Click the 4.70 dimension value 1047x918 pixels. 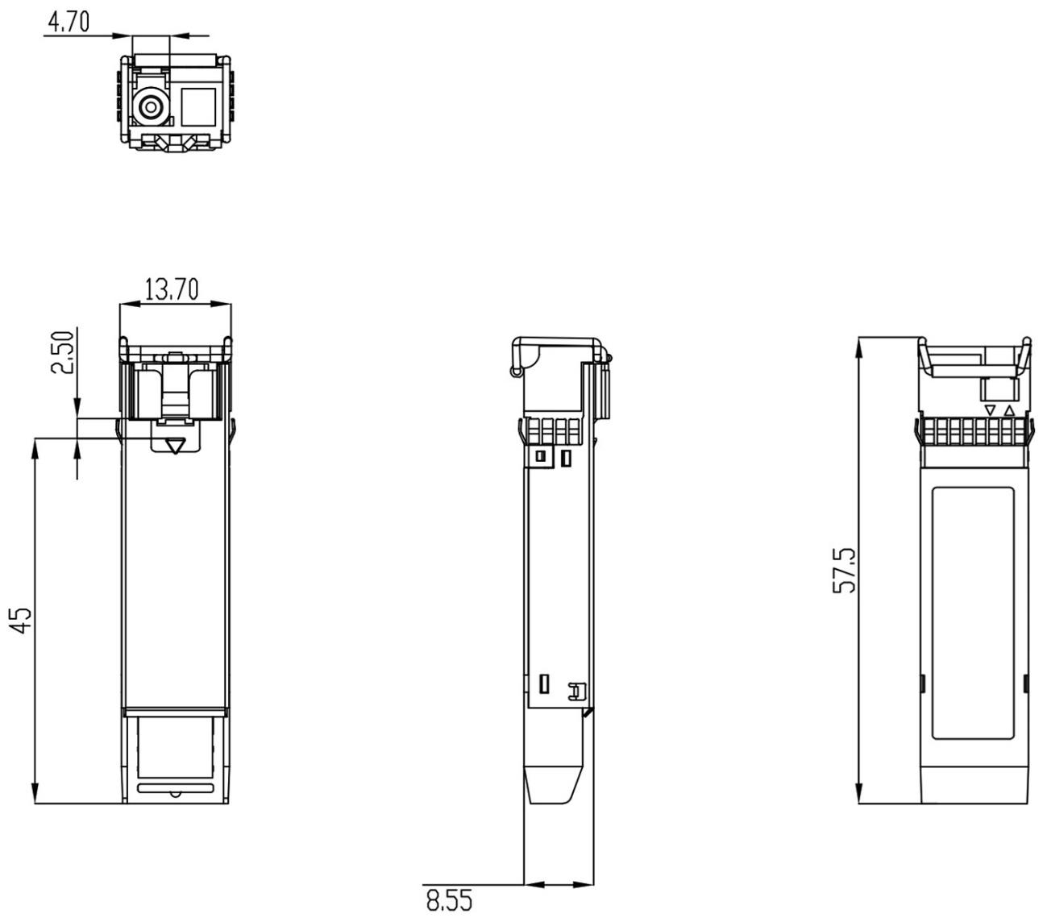(69, 22)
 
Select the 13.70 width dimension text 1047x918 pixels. (172, 289)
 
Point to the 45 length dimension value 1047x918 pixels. (21, 621)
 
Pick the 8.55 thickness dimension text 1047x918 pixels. (449, 900)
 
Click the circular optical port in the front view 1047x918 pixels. (150, 107)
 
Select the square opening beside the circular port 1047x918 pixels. (198, 107)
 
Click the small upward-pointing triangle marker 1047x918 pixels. (1008, 411)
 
